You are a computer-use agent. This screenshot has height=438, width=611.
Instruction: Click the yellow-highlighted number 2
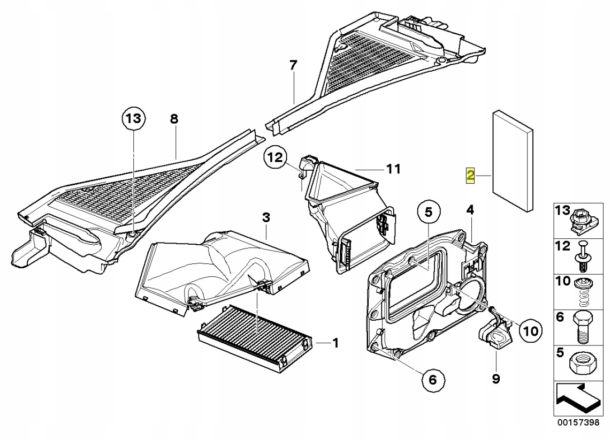470,176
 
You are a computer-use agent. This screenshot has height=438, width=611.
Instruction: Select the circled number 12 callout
276,157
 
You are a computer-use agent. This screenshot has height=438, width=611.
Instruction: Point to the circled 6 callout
433,380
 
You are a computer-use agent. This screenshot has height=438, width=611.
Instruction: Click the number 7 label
293,66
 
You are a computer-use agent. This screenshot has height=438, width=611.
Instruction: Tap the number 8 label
174,119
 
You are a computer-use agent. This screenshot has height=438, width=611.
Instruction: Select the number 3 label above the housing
266,217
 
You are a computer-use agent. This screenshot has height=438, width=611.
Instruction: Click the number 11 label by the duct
393,169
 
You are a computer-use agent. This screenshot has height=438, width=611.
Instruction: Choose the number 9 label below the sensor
496,379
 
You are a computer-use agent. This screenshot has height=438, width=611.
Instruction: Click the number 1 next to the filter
335,343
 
